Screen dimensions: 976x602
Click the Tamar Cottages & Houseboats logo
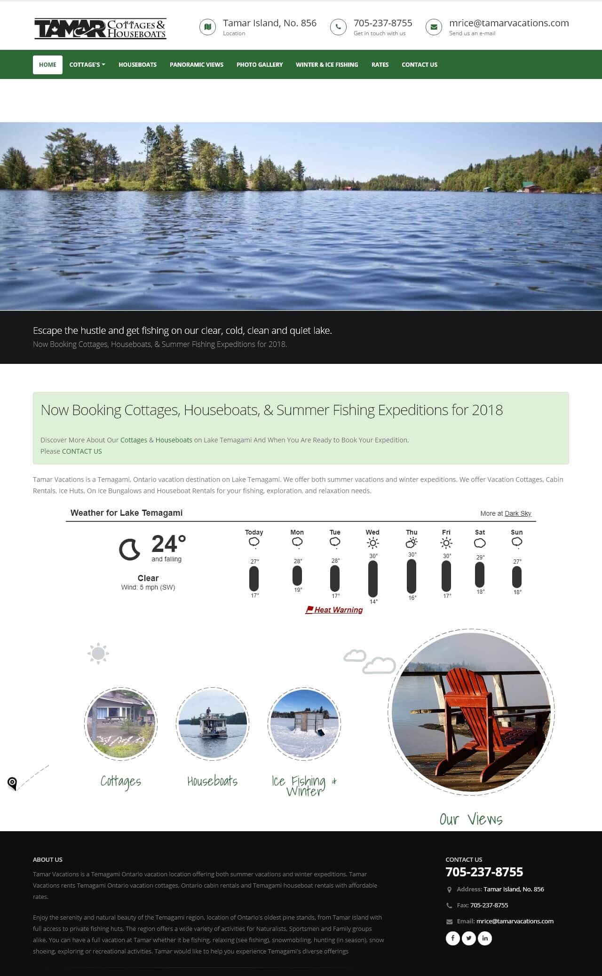pyautogui.click(x=100, y=28)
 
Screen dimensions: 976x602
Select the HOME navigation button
pyautogui.click(x=48, y=65)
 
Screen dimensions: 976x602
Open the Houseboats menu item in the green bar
pyautogui.click(x=137, y=65)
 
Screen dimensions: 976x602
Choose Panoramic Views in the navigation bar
pyautogui.click(x=197, y=65)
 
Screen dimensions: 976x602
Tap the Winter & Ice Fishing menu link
pyautogui.click(x=327, y=65)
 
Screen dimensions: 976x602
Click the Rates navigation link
pyautogui.click(x=380, y=65)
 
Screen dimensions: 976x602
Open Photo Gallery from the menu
pyautogui.click(x=260, y=65)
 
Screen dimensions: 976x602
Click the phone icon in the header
pyautogui.click(x=338, y=27)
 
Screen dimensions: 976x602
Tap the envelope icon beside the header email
pyautogui.click(x=434, y=27)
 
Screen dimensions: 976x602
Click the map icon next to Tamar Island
pyautogui.click(x=207, y=27)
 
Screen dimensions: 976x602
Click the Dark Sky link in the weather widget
pyautogui.click(x=518, y=513)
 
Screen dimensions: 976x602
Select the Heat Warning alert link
pyautogui.click(x=334, y=610)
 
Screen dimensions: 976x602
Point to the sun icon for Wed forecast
pyautogui.click(x=372, y=543)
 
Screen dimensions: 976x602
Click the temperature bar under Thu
pyautogui.click(x=412, y=576)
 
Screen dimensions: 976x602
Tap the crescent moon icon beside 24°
pyautogui.click(x=129, y=550)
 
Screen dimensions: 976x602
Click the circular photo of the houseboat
pyautogui.click(x=213, y=724)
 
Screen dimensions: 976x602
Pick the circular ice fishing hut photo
pyautogui.click(x=304, y=724)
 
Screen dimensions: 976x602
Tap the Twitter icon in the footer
pyautogui.click(x=469, y=938)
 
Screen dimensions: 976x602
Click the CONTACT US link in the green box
pyautogui.click(x=82, y=451)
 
